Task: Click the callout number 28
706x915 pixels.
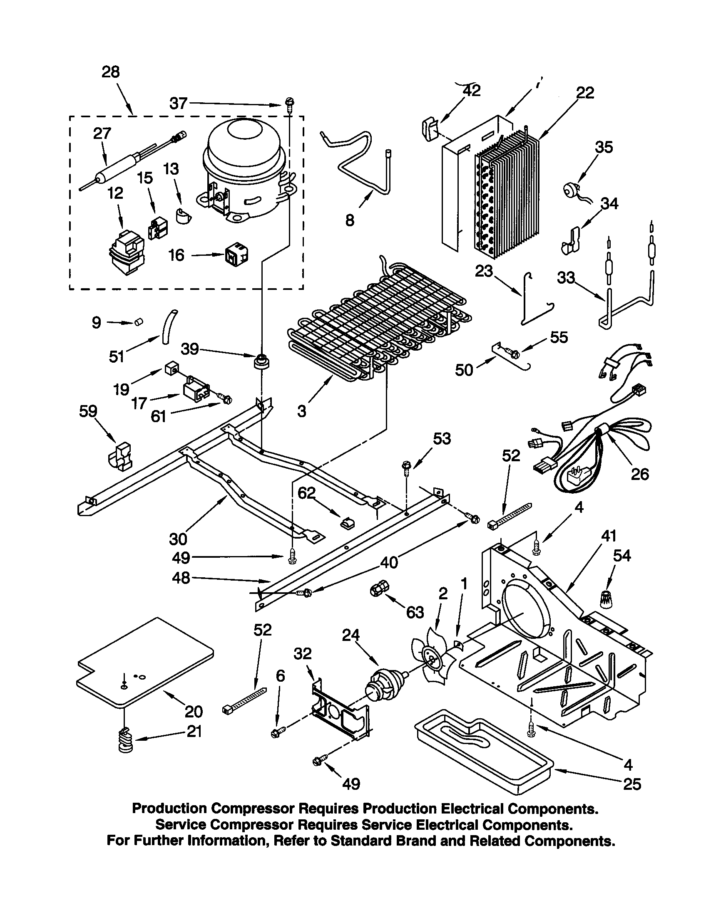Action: [111, 72]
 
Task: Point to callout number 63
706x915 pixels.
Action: [415, 612]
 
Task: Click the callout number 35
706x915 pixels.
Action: [604, 148]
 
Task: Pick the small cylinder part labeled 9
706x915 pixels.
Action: [138, 322]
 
